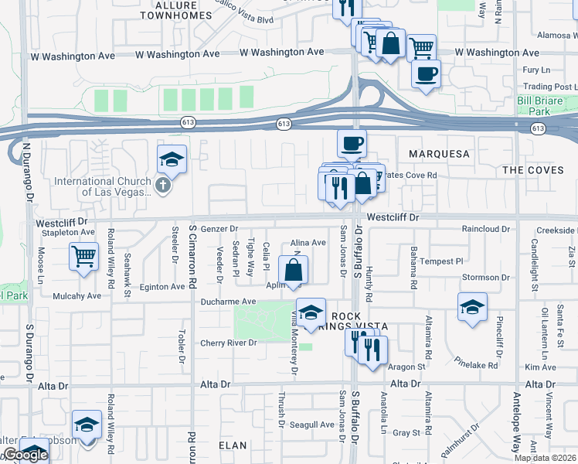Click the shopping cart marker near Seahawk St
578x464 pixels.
pos(84,256)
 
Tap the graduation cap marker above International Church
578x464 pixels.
pos(172,159)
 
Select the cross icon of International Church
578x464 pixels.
pos(161,184)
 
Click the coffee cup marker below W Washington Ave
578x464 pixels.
pos(426,74)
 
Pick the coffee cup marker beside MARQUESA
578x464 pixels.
pos(352,143)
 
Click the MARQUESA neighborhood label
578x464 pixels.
pos(434,154)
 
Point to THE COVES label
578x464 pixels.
pos(539,169)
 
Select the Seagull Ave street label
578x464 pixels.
pos(311,425)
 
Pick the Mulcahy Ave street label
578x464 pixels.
pos(77,295)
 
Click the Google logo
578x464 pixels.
pos(25,455)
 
